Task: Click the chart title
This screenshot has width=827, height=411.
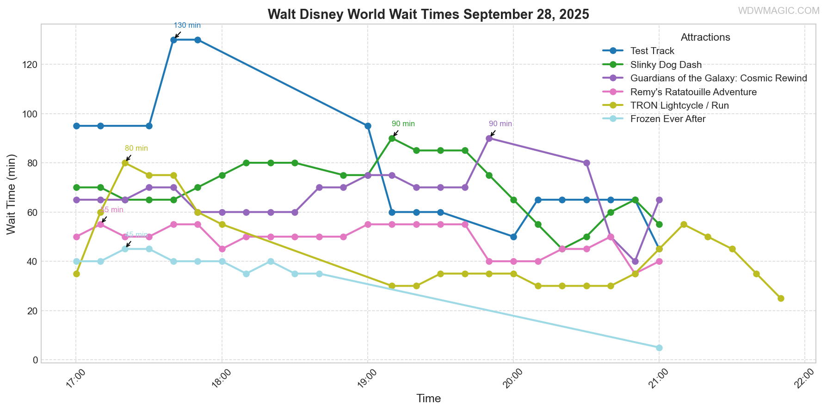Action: coord(428,14)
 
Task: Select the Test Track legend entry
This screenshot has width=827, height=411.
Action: coord(652,51)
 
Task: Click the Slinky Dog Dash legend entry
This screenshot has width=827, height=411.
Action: coord(666,65)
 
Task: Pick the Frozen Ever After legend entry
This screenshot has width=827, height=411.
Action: coord(668,119)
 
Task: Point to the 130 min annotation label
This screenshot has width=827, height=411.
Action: coord(187,25)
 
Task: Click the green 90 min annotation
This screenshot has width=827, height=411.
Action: coord(403,124)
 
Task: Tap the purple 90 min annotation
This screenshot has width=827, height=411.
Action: coord(500,124)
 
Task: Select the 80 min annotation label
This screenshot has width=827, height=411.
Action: coord(136,148)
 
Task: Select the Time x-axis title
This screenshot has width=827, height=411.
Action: coord(428,399)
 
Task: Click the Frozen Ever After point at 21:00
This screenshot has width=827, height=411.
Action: coord(659,348)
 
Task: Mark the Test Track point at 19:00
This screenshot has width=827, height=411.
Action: coord(368,126)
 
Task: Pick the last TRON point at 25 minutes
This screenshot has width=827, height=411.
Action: coord(781,298)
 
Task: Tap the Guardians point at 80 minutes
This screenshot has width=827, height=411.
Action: coord(586,163)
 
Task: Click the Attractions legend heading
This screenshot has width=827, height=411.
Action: coord(705,37)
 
